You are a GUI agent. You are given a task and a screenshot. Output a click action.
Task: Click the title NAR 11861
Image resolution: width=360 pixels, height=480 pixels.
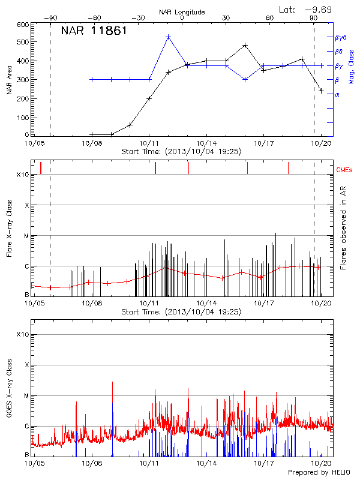coord(94,31)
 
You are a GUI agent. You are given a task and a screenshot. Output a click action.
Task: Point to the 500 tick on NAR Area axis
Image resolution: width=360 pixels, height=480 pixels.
coord(22,42)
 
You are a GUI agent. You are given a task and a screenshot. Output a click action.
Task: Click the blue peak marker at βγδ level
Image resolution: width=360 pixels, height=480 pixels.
coord(169,37)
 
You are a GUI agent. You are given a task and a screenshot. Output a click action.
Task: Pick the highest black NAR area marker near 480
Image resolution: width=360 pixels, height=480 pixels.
coord(245,45)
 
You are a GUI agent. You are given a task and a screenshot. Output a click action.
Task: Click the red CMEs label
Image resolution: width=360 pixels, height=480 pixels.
coord(345,170)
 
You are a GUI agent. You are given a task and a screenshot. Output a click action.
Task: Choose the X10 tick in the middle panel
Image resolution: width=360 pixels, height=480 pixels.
coord(22,175)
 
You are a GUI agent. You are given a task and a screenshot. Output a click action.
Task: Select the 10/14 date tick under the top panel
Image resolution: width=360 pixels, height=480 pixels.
coord(206,144)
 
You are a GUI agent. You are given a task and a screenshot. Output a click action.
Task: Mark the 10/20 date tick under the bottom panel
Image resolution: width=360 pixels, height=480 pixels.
coord(322,464)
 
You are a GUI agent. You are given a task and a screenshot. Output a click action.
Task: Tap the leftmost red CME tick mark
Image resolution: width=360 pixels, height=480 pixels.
coord(41,167)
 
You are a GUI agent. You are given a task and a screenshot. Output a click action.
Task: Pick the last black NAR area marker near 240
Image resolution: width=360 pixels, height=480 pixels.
coord(322,91)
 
